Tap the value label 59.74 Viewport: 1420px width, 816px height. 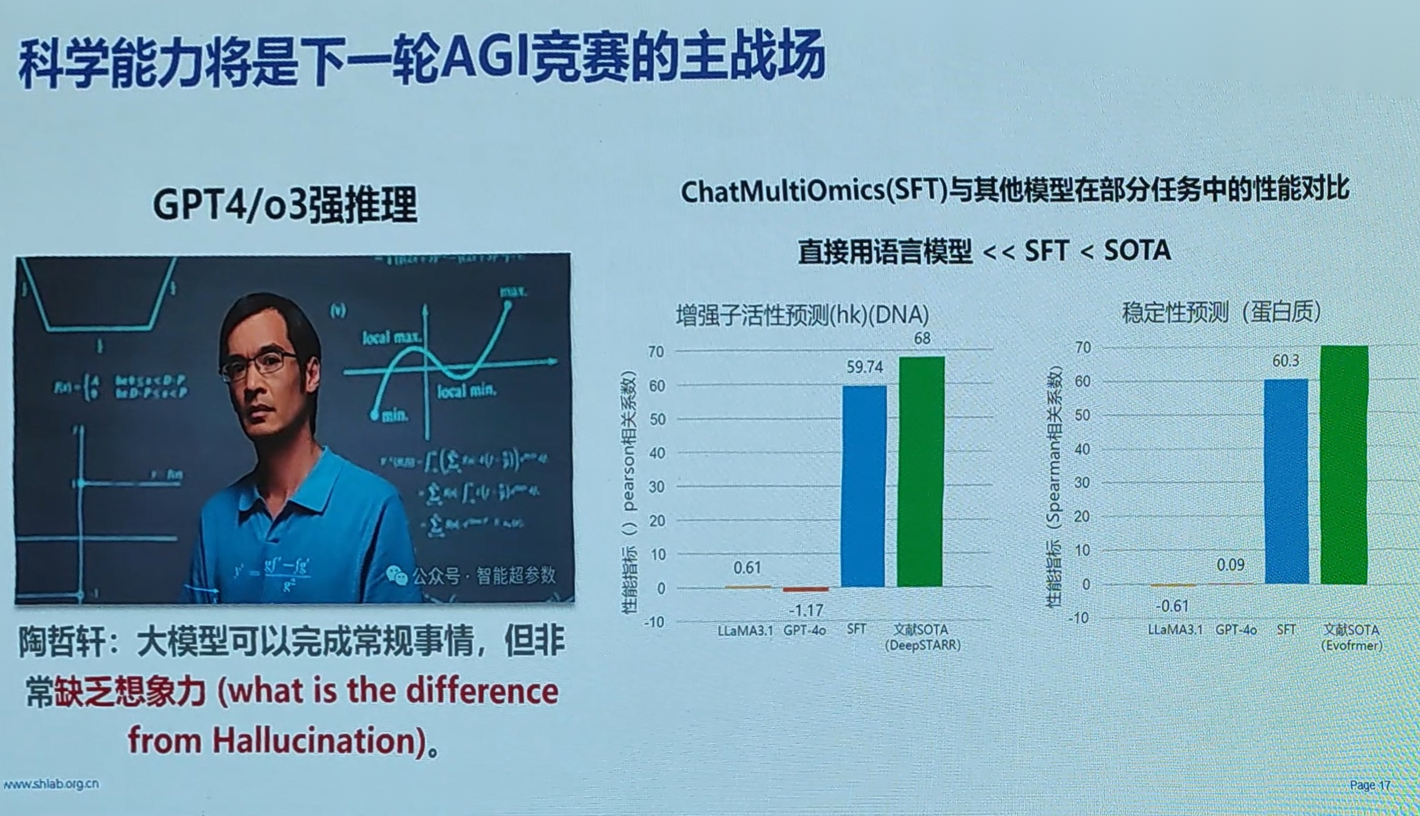click(864, 367)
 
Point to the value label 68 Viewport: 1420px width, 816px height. click(922, 338)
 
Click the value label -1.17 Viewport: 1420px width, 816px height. click(805, 610)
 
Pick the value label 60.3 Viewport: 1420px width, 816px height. click(1285, 361)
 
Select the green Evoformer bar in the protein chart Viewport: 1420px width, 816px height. click(1344, 464)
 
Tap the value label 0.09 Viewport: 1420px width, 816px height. click(1230, 564)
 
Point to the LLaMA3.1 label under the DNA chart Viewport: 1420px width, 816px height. click(745, 630)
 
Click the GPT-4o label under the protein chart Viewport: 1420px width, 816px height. click(1235, 629)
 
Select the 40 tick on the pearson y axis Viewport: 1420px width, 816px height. click(656, 453)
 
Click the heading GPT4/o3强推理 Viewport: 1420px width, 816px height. click(285, 204)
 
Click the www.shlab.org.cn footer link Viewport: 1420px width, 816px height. click(51, 784)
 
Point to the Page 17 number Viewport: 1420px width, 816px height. click(1369, 785)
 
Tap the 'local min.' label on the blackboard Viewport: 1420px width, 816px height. click(466, 391)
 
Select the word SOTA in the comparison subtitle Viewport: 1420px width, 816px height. click(1136, 250)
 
